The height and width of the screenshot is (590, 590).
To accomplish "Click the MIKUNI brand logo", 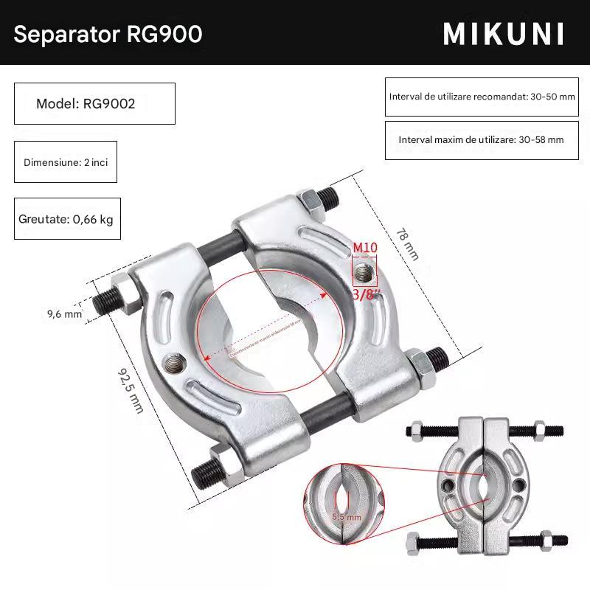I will click(504, 34).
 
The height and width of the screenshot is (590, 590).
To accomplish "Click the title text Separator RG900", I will click(108, 34).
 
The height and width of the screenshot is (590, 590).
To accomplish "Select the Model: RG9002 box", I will click(94, 103).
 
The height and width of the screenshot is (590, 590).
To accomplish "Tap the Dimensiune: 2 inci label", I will click(66, 162).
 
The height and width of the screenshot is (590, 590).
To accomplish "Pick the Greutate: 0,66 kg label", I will click(66, 219).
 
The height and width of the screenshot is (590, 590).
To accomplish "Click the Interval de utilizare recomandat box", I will click(481, 97).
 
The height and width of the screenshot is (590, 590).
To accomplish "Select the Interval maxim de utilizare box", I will click(481, 139).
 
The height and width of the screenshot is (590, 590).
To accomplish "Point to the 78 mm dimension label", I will click(407, 243).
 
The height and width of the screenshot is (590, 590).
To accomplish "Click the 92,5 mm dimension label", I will click(131, 391).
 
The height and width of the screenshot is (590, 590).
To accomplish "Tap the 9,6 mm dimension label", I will click(64, 314).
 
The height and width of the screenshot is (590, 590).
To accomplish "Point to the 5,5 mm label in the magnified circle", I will click(346, 517).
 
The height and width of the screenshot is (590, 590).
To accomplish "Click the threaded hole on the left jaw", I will click(175, 362).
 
